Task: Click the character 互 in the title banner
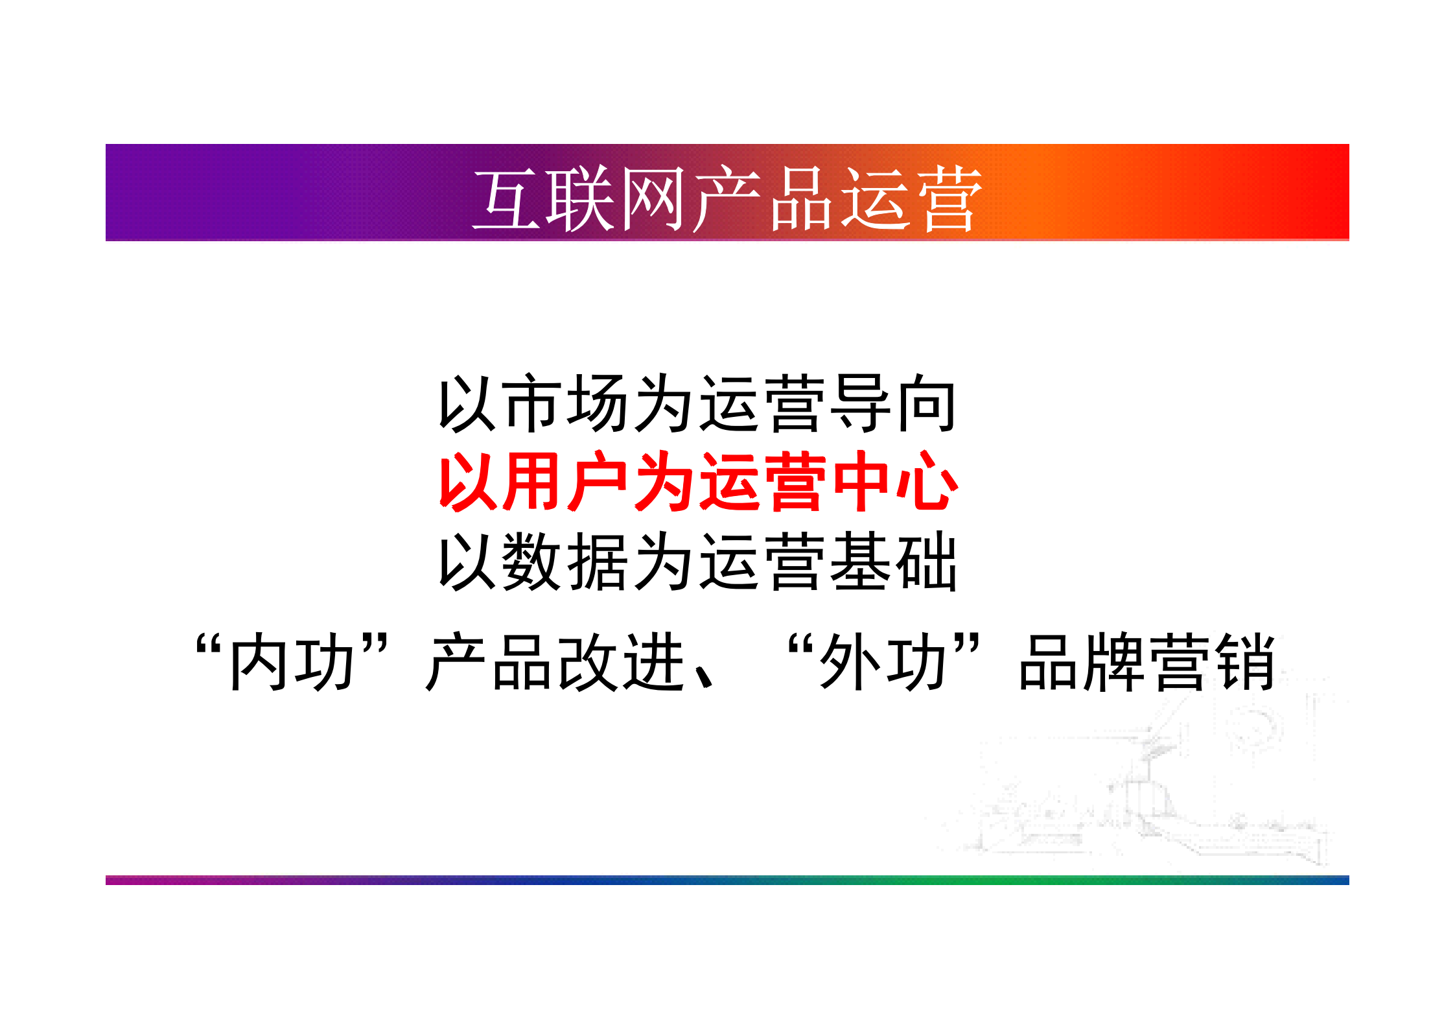507,199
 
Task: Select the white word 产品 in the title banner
763,199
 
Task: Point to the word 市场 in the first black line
565,403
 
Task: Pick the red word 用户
565,482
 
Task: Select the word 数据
565,562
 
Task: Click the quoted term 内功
292,663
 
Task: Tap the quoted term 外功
883,663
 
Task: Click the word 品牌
1082,663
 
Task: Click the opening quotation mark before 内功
209,646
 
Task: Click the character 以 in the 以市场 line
467,403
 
